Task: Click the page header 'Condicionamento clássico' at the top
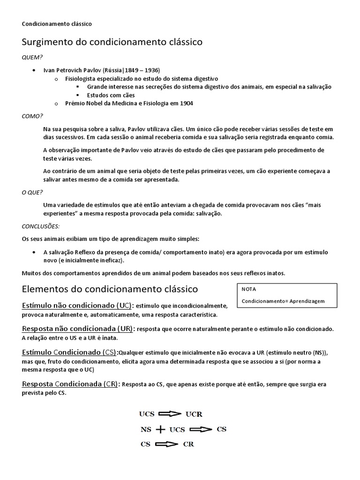57,23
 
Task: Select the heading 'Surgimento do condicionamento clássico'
112,42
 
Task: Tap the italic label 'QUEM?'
32,57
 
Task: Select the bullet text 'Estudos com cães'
111,95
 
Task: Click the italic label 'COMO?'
32,116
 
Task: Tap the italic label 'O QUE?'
32,192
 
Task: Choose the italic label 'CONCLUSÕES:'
41,226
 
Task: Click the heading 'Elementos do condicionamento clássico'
110,289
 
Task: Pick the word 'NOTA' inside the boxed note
249,289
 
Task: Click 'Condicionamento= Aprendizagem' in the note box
283,301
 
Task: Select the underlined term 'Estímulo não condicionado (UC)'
77,306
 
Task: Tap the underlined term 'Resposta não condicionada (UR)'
77,329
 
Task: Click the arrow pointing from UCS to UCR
170,414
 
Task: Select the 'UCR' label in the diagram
194,414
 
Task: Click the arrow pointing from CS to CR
166,444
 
